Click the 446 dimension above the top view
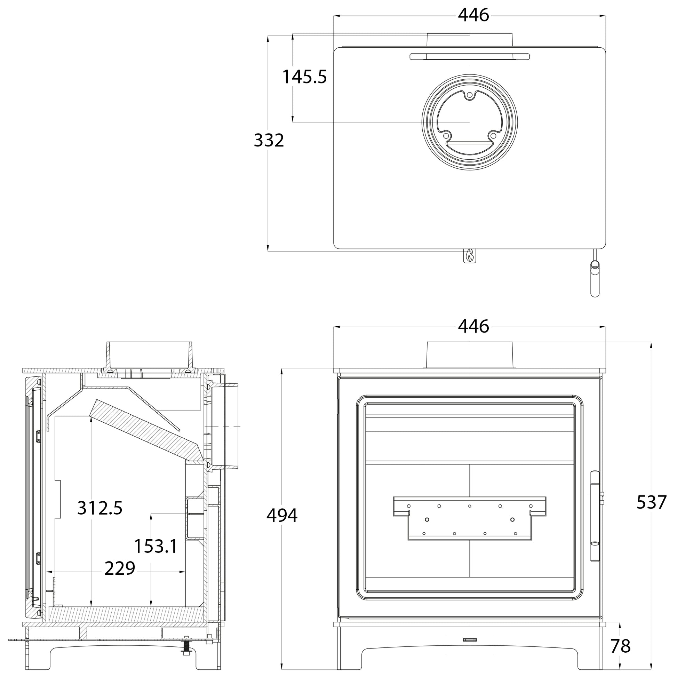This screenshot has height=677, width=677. (x=473, y=15)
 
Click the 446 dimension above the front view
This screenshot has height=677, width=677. (x=473, y=327)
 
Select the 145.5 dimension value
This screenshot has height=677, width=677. (x=304, y=77)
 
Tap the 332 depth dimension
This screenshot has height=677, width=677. (x=269, y=141)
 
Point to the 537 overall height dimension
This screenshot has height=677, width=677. (x=651, y=502)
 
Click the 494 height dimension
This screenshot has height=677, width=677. (x=282, y=516)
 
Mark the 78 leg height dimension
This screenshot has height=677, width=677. (x=620, y=646)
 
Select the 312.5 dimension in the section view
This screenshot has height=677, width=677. (x=100, y=508)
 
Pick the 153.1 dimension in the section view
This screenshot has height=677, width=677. (x=156, y=546)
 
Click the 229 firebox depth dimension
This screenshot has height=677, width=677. (x=119, y=568)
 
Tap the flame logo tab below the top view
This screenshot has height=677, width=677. (x=470, y=256)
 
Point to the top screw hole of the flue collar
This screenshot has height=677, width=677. (x=470, y=95)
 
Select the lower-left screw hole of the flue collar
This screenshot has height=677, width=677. (x=446, y=135)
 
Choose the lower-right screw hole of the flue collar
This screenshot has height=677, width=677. (x=493, y=135)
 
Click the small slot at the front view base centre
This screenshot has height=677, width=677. (x=470, y=640)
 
